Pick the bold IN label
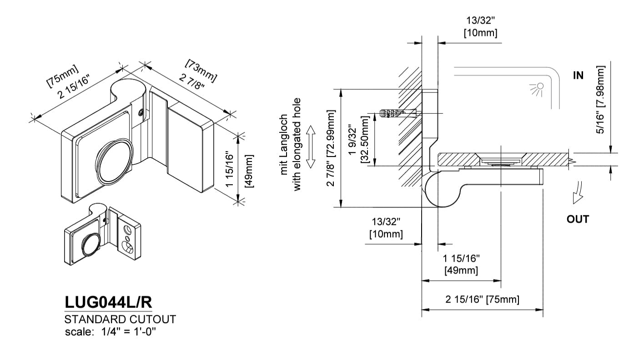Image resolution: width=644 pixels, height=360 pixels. tap(578, 76)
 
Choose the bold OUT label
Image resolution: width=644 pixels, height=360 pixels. tap(578, 219)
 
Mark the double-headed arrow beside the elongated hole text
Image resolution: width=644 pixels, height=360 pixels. tap(311, 147)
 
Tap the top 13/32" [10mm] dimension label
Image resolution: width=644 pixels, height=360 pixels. tap(480, 27)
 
